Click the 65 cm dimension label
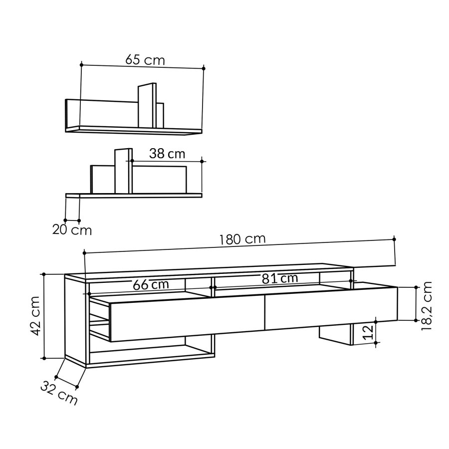145,60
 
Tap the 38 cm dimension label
167,154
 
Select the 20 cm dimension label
72,230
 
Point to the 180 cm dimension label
242,239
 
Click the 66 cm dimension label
151,284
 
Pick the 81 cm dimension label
280,278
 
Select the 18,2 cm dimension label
427,305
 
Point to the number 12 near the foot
368,333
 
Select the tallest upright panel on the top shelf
147,105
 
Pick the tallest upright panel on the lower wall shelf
123,171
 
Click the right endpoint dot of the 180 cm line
394,239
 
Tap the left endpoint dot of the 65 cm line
81,64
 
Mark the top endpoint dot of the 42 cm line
44,274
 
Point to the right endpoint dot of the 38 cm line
202,161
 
